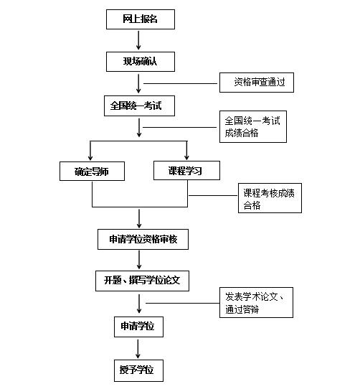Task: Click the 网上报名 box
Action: coord(141,19)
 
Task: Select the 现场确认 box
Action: coord(141,62)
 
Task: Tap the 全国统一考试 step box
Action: coord(139,106)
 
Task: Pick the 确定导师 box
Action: coord(92,172)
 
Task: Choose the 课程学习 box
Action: coord(186,170)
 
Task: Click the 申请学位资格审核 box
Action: coord(143,240)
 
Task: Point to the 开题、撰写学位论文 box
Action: coord(142,281)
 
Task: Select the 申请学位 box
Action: coord(138,327)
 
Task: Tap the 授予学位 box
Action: coord(138,370)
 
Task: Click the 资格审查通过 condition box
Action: coord(257,83)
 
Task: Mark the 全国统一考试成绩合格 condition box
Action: coord(253,127)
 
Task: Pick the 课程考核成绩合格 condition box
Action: coord(270,198)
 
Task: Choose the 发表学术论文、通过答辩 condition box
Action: coord(256,303)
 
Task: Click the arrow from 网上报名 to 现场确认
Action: coord(138,40)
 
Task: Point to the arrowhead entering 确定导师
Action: coord(90,158)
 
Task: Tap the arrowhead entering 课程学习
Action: coord(186,157)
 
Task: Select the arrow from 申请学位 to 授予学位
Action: coord(138,349)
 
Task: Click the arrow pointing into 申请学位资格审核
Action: coord(139,219)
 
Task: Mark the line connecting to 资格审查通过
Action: coord(180,83)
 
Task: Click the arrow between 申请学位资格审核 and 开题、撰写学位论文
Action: coord(139,260)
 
